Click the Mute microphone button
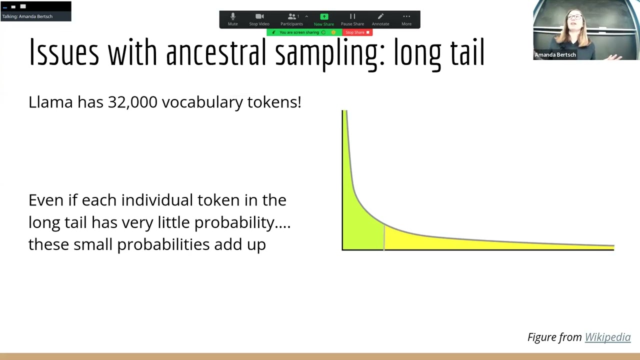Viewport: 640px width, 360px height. [x=232, y=19]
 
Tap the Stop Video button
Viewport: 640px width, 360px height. [x=259, y=19]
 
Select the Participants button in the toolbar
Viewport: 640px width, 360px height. [x=291, y=19]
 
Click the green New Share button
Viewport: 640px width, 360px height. [x=324, y=19]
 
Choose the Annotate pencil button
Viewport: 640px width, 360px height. [x=380, y=19]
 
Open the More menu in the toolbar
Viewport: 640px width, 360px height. [x=406, y=19]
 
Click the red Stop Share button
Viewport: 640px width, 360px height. [x=357, y=32]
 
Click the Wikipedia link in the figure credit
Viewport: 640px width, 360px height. [x=607, y=337]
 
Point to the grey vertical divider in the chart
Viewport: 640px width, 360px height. [x=384, y=237]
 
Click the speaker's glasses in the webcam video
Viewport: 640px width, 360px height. [x=575, y=17]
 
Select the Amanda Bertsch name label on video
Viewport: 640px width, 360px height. [x=555, y=55]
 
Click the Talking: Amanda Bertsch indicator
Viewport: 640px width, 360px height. [x=27, y=16]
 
